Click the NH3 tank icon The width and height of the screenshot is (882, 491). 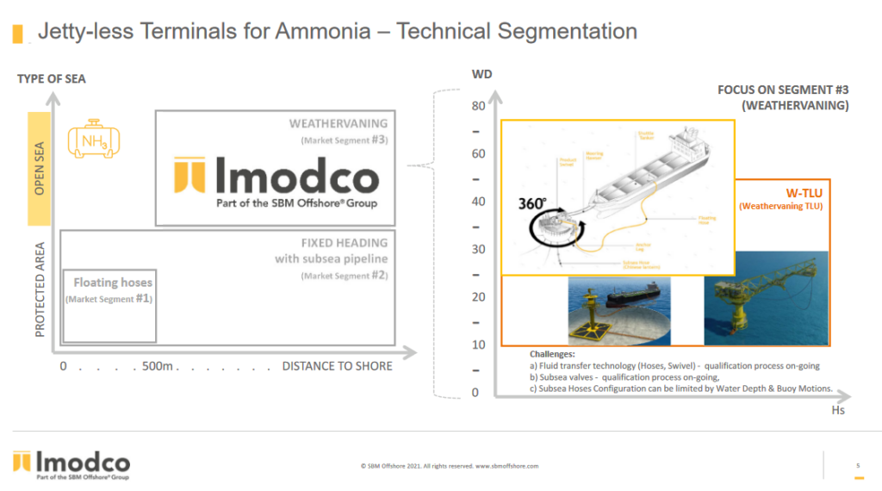[x=93, y=140]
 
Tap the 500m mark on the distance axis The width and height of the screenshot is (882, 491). [x=158, y=366]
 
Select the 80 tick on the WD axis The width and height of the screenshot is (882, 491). [x=479, y=106]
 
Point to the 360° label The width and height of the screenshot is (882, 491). [x=531, y=203]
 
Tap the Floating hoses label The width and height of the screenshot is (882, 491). [x=112, y=282]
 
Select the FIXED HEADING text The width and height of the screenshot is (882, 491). [x=345, y=243]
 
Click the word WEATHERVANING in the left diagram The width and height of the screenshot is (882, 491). [x=339, y=123]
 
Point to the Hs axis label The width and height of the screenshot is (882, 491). [x=838, y=411]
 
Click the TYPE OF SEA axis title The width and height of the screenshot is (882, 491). [x=52, y=79]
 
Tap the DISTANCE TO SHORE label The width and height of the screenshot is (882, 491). [x=337, y=366]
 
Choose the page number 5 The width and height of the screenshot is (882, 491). [x=858, y=466]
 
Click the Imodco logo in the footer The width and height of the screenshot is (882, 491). [x=71, y=463]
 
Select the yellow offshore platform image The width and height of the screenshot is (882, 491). [x=766, y=308]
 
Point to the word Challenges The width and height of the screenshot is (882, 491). [x=552, y=354]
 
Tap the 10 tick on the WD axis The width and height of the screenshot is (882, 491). [x=479, y=345]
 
